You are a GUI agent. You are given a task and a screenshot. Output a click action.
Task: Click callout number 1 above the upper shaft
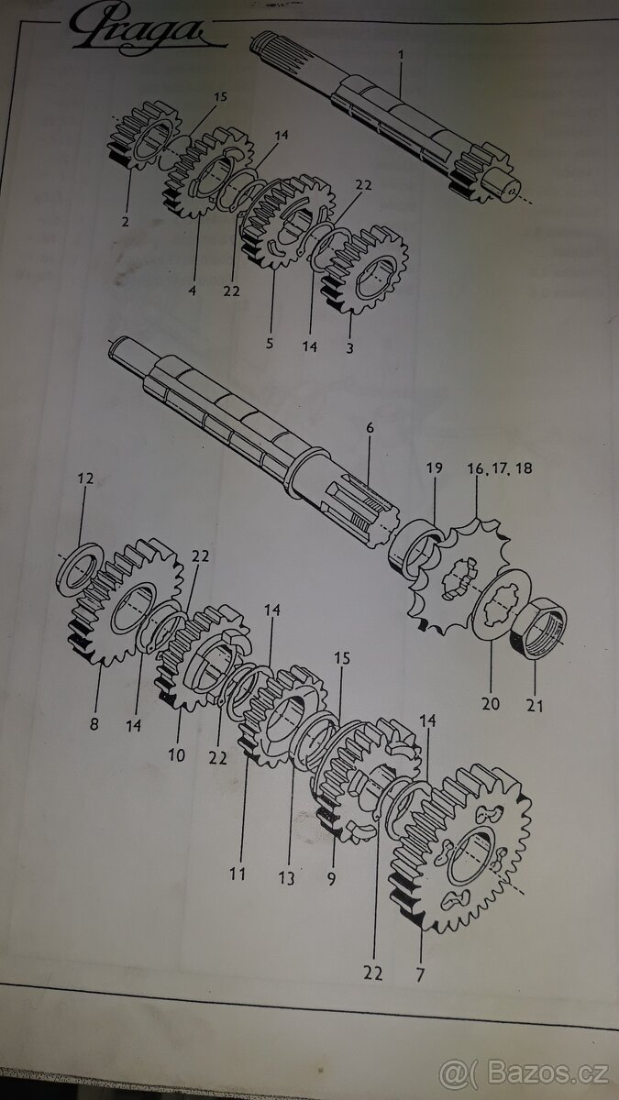(400, 55)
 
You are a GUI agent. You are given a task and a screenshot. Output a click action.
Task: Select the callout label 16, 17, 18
(498, 468)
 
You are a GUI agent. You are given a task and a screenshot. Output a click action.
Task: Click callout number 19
(434, 467)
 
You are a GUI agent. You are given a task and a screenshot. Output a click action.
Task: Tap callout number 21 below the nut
(536, 706)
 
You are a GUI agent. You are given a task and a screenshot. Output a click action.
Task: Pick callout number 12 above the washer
(85, 478)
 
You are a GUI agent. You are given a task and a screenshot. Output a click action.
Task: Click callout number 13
(287, 878)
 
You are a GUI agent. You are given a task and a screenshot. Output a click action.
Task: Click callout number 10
(176, 755)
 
